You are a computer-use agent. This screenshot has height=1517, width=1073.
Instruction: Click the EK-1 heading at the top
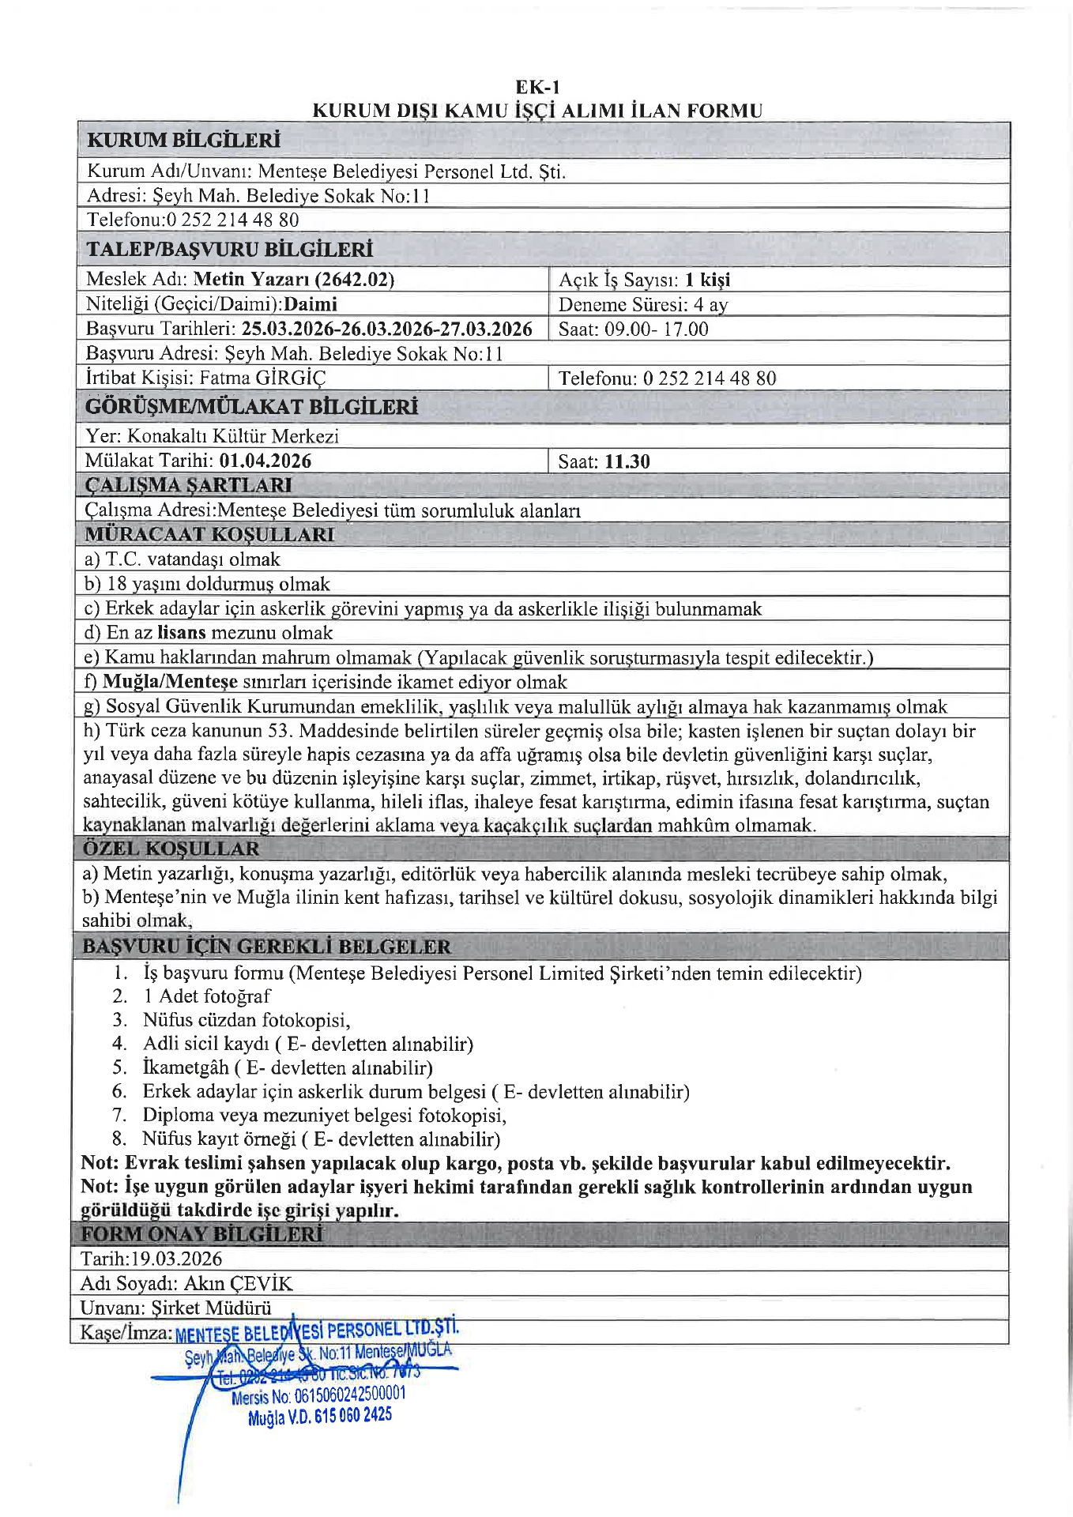pyautogui.click(x=537, y=87)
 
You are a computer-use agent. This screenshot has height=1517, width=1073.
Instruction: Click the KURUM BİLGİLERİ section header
pyautogui.click(x=183, y=141)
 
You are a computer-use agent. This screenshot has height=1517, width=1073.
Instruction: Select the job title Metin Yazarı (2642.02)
pyautogui.click(x=294, y=279)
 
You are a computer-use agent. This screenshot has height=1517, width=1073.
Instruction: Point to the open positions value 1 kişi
pyautogui.click(x=707, y=280)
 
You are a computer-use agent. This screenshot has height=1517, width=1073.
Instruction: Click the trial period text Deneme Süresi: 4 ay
pyautogui.click(x=642, y=305)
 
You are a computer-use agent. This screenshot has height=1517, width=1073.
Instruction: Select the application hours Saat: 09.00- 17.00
pyautogui.click(x=633, y=329)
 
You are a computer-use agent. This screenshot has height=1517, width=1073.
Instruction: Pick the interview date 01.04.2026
pyautogui.click(x=265, y=461)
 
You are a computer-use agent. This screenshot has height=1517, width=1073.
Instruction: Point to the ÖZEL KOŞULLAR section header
pyautogui.click(x=171, y=849)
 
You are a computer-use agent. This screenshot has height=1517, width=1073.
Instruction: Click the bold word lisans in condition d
pyautogui.click(x=182, y=633)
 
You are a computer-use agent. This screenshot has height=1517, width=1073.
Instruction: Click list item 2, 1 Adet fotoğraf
pyautogui.click(x=206, y=996)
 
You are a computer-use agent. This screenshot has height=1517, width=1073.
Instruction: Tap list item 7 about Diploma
pyautogui.click(x=324, y=1115)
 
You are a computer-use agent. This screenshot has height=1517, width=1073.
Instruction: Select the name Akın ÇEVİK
pyautogui.click(x=238, y=1283)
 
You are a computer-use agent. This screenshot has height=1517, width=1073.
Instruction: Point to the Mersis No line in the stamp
pyautogui.click(x=318, y=1397)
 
